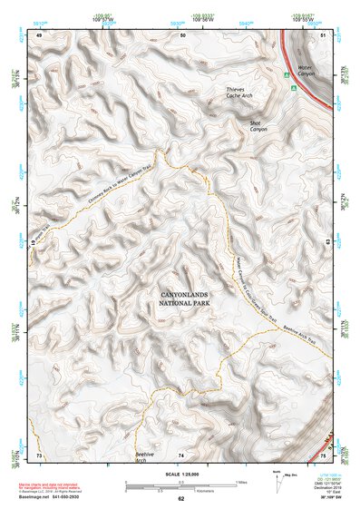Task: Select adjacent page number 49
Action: (39, 34)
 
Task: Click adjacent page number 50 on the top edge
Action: (182, 34)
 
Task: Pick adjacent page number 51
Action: (324, 34)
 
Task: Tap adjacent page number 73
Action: (39, 454)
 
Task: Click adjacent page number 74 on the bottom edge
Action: (181, 454)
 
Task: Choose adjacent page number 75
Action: (324, 454)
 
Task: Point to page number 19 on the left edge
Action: (31, 244)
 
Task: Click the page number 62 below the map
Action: (181, 499)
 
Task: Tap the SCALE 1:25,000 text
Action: (180, 475)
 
